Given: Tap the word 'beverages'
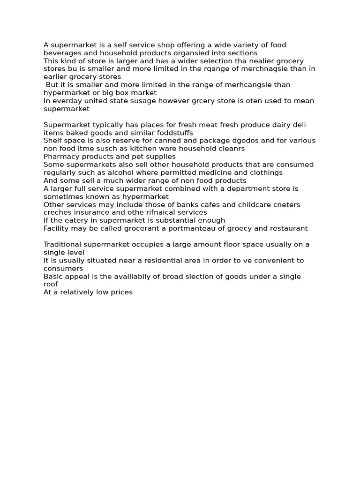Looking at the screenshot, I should [60, 53].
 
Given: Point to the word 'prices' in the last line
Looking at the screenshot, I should [121, 292].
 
